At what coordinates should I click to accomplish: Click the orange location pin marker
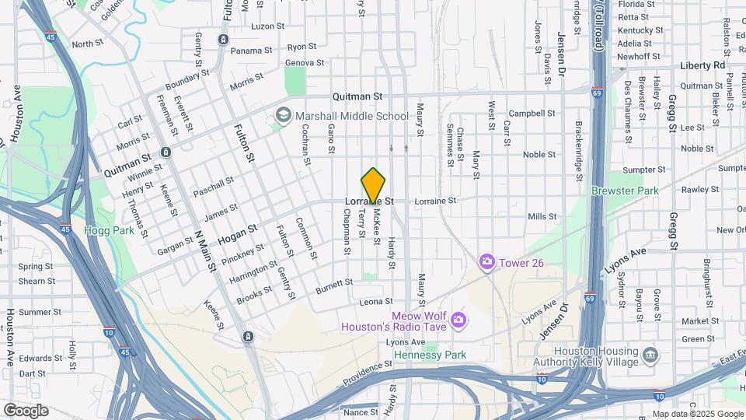tap(374, 185)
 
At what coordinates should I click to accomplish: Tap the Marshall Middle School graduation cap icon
tap(282, 116)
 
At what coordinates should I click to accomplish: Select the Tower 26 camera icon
tap(487, 263)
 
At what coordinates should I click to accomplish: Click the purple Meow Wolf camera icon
tap(458, 320)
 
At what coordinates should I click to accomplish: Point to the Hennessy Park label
tap(430, 355)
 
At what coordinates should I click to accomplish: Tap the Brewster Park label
tap(624, 191)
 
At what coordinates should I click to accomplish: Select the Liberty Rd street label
tap(702, 65)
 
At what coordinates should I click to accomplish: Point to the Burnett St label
tap(334, 287)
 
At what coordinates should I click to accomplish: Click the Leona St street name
tap(378, 301)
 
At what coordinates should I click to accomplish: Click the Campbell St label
tap(532, 113)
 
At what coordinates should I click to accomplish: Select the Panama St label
tap(251, 50)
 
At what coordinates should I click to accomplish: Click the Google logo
tap(26, 410)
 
